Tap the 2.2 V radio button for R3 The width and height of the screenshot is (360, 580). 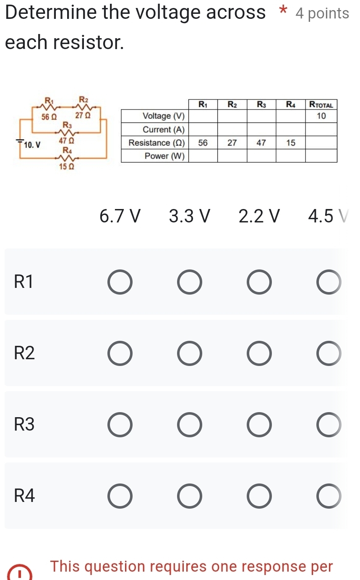(x=259, y=425)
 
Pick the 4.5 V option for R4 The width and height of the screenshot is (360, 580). (x=329, y=496)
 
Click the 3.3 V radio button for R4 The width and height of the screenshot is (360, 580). (x=189, y=496)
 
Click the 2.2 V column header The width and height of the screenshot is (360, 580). (x=259, y=217)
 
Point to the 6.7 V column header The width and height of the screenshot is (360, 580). (x=120, y=217)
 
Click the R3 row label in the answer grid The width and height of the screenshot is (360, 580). (x=24, y=425)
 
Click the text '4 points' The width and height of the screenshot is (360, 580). (x=322, y=13)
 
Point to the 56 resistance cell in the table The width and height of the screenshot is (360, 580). (x=203, y=143)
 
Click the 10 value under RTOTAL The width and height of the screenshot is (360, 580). (x=321, y=116)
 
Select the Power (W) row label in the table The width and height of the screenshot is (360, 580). (x=164, y=156)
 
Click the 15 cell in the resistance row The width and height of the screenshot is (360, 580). (x=290, y=143)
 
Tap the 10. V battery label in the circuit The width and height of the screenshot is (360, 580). (x=32, y=145)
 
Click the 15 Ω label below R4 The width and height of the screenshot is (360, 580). (x=66, y=167)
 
